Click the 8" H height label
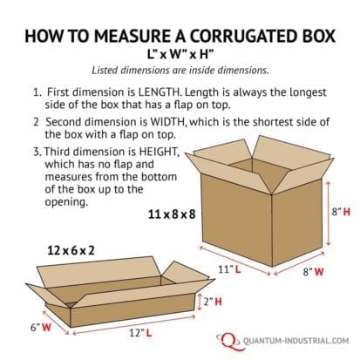[340, 212]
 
